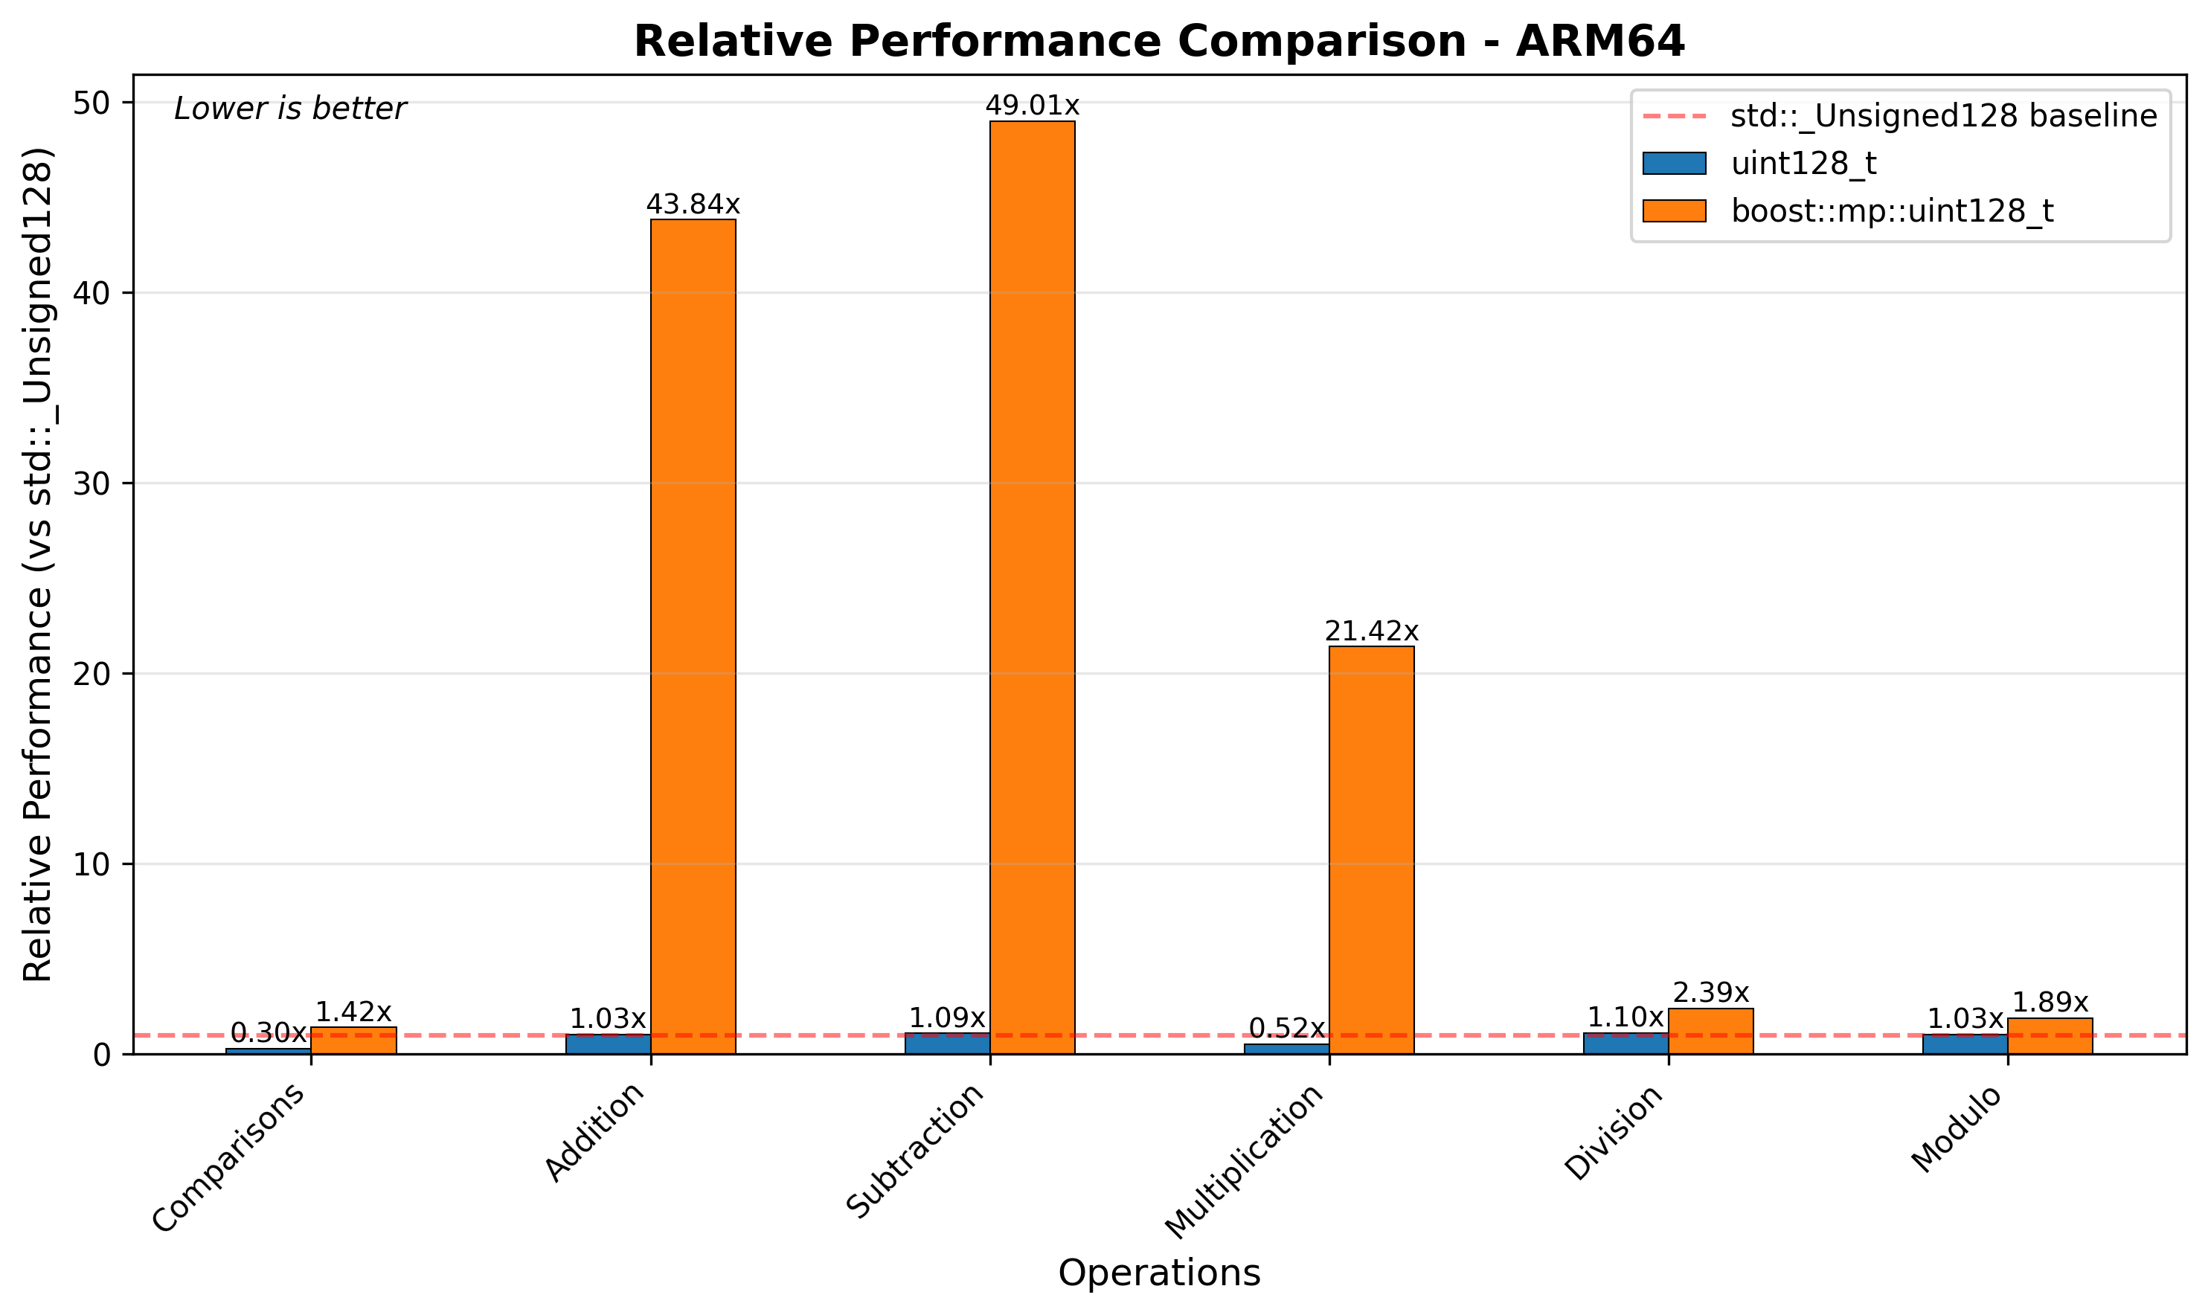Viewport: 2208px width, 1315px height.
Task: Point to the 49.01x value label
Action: point(1033,106)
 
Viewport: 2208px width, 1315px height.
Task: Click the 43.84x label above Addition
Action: point(693,205)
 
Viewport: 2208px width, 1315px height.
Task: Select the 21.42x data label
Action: point(1372,631)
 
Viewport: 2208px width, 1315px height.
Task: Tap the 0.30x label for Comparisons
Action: point(268,1032)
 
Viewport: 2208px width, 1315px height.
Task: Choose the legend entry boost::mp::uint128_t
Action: point(1892,211)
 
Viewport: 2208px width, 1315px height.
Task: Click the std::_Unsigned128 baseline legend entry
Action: point(1943,116)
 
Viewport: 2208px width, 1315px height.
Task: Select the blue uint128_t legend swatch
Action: point(1674,164)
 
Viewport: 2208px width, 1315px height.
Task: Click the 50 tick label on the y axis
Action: point(92,103)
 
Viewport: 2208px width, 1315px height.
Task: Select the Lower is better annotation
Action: point(289,109)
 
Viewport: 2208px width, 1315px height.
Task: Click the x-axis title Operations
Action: point(1159,1273)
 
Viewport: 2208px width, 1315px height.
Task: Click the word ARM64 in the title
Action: point(1600,42)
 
